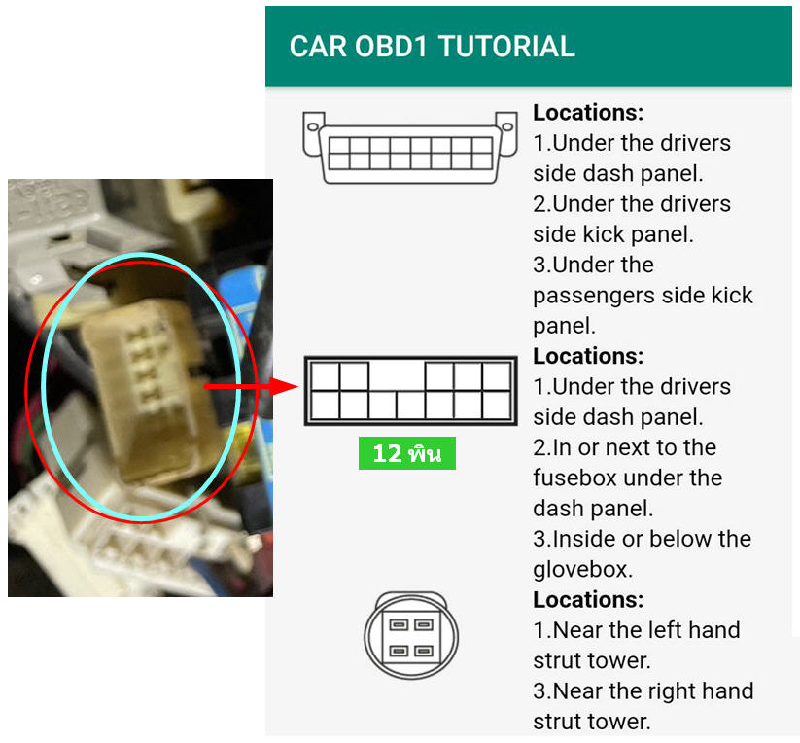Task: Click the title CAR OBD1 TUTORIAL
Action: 433,47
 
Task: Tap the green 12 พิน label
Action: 407,453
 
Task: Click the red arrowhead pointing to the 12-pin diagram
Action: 284,387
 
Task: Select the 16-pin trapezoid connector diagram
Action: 410,148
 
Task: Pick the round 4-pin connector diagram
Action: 411,636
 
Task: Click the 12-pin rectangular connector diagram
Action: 411,391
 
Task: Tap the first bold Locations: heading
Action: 588,113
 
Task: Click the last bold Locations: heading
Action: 588,600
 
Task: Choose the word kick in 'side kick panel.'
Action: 605,234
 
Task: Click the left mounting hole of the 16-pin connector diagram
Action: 313,126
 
